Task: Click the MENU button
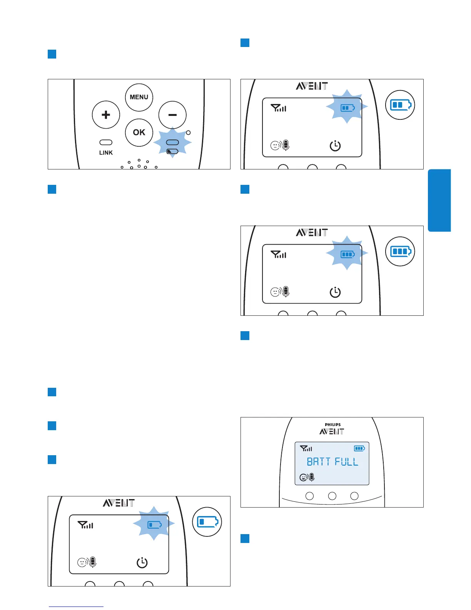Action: tap(139, 97)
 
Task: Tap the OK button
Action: tap(139, 132)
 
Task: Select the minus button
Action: tap(172, 115)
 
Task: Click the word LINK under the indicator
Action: tap(106, 153)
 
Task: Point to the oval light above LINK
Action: tap(106, 142)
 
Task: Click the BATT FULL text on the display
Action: tap(332, 462)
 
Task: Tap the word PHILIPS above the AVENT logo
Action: tap(332, 425)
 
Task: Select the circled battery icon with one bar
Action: tap(207, 522)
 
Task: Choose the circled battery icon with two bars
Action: tap(400, 105)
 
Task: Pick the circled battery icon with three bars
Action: tap(400, 251)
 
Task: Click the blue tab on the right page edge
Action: tap(439, 200)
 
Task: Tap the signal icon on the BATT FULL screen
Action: tap(306, 448)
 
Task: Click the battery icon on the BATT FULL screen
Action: tap(359, 448)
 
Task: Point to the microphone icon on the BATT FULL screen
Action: tap(312, 477)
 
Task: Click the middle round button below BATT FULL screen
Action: tap(332, 496)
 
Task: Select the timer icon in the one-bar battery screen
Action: tap(142, 563)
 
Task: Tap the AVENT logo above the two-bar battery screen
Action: tap(312, 86)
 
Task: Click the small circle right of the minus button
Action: tap(188, 132)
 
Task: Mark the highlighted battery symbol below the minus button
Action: tap(172, 151)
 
